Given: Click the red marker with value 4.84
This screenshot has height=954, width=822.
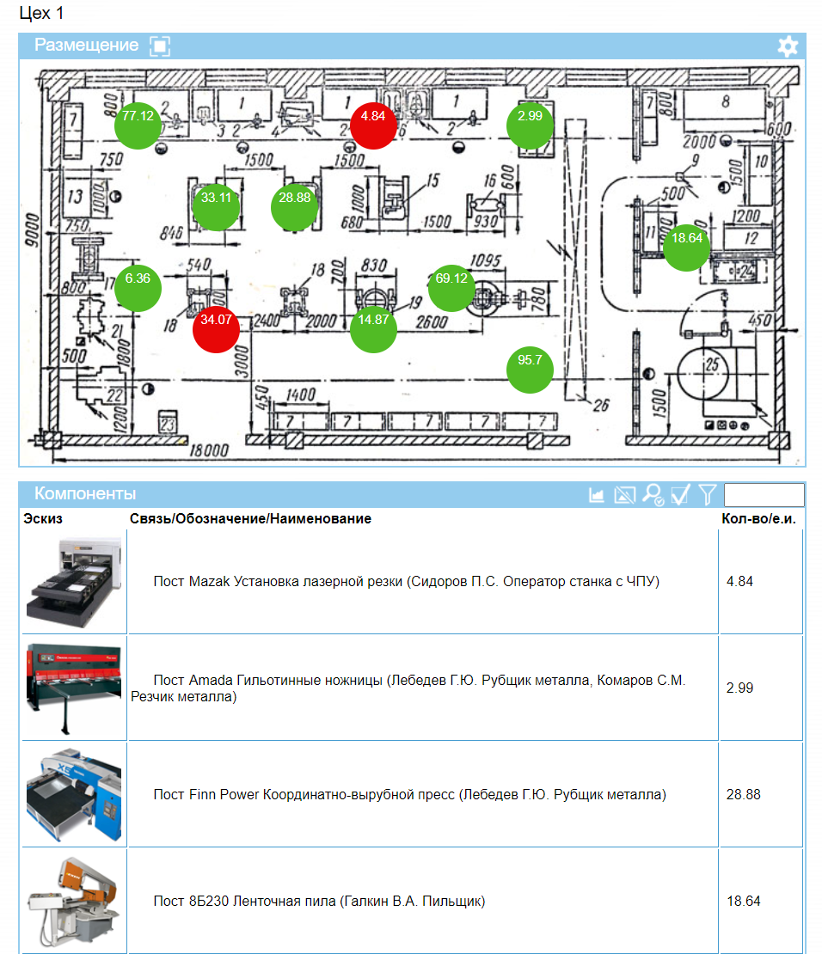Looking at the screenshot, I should pyautogui.click(x=373, y=125).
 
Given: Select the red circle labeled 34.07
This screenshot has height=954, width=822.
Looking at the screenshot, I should pyautogui.click(x=216, y=328).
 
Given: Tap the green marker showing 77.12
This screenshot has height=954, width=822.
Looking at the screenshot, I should pyautogui.click(x=138, y=125).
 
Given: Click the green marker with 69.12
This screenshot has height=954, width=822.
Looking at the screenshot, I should pyautogui.click(x=451, y=288).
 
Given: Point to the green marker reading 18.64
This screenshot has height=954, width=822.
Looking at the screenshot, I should pyautogui.click(x=686, y=248).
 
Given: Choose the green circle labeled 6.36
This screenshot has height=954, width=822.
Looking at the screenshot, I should pyautogui.click(x=138, y=288).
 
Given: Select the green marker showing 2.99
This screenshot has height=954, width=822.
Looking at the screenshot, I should pyautogui.click(x=530, y=125).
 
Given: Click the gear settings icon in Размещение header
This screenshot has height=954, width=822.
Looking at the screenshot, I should pyautogui.click(x=788, y=46).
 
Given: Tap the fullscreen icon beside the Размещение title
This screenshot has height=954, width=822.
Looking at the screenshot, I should pyautogui.click(x=160, y=46).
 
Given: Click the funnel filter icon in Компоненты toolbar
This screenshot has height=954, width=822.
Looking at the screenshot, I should pyautogui.click(x=708, y=494).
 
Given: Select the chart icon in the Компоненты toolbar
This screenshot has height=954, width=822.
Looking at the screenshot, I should pyautogui.click(x=597, y=494).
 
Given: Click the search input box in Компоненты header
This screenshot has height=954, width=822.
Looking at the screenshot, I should pyautogui.click(x=764, y=494).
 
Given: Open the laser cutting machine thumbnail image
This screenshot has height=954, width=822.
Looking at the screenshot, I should pyautogui.click(x=75, y=583).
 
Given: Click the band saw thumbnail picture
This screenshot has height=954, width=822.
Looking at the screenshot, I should pyautogui.click(x=75, y=901).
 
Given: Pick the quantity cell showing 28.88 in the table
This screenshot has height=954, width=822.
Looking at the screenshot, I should pyautogui.click(x=744, y=794).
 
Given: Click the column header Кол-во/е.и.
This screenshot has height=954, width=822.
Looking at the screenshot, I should pyautogui.click(x=758, y=519).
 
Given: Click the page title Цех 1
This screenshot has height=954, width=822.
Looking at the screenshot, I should pyautogui.click(x=41, y=14).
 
